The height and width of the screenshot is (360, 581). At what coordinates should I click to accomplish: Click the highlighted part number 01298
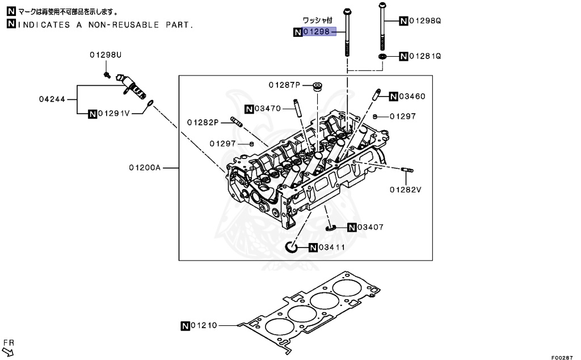[316, 32]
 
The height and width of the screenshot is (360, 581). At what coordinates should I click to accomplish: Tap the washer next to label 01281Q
[383, 57]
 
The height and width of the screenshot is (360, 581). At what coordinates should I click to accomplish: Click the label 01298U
[105, 55]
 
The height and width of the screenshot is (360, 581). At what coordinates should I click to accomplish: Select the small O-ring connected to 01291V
[150, 103]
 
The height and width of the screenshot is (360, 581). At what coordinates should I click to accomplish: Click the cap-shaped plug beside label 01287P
[318, 87]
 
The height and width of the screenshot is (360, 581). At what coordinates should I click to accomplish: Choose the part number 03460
[411, 96]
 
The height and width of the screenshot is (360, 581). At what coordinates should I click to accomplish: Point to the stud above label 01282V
[407, 170]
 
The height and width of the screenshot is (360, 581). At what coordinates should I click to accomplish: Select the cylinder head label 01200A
[145, 168]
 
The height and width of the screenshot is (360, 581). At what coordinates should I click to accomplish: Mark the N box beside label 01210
[185, 326]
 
